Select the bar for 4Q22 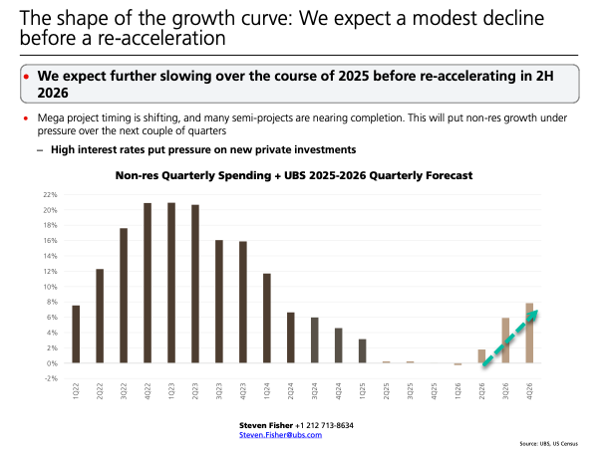pos(148,283)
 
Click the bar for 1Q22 pos(76,334)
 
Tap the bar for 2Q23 pos(195,284)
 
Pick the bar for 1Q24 pos(267,318)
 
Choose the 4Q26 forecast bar pos(529,333)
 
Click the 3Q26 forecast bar pos(505,341)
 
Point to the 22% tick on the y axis pos(49,195)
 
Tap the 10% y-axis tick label pos(49,287)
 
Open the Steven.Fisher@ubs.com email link pos(287,434)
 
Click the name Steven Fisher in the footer pos(266,425)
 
